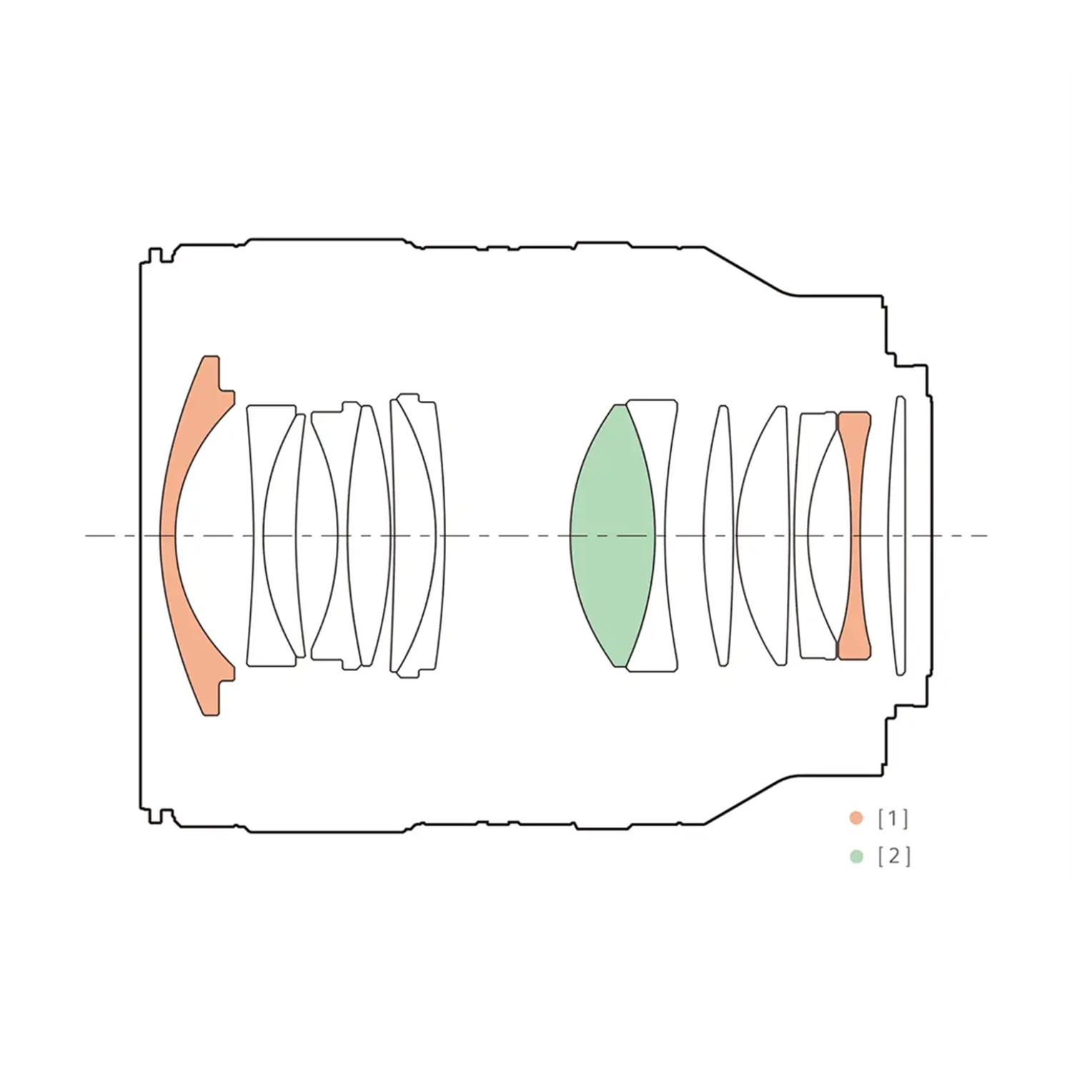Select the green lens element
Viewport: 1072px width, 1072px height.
[611, 536]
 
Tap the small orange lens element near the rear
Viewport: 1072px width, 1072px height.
[854, 536]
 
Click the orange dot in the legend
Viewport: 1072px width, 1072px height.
[856, 818]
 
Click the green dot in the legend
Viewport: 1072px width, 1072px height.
[856, 856]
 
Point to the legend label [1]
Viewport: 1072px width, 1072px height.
[893, 818]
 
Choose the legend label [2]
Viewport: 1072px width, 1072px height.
[894, 856]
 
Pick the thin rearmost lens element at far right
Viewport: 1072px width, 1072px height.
[898, 536]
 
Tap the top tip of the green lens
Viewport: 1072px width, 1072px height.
[616, 405]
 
